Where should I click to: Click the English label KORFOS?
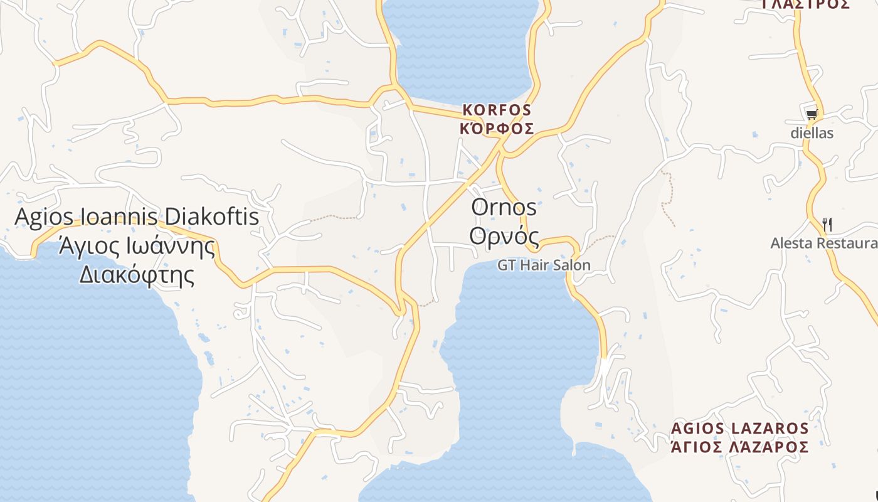497,110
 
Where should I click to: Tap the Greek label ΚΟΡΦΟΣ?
497,129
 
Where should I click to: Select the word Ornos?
504,208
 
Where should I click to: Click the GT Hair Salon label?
544,265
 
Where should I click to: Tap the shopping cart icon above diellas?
812,114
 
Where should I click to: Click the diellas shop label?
812,133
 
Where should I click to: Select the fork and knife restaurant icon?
827,224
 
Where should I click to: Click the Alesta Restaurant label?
824,243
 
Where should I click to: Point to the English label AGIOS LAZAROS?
739,429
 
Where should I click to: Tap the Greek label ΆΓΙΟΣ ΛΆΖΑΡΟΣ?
739,447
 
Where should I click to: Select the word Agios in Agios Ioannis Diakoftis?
39,217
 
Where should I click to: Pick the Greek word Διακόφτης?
137,274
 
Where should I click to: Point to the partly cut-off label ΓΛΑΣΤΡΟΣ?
805,4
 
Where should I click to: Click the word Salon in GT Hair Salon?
571,265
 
